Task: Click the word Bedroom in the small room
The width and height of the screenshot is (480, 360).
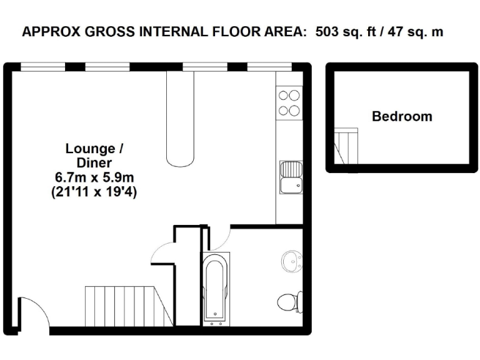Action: click(x=402, y=116)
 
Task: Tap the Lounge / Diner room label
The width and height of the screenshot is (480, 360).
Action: click(x=90, y=156)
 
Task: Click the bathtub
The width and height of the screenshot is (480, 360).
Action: click(x=216, y=289)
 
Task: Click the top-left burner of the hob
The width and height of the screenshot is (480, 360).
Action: click(x=283, y=96)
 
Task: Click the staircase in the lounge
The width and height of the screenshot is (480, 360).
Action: click(x=128, y=306)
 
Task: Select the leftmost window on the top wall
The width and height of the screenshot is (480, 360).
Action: click(x=42, y=66)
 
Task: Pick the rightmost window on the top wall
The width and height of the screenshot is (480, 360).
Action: click(x=269, y=66)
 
